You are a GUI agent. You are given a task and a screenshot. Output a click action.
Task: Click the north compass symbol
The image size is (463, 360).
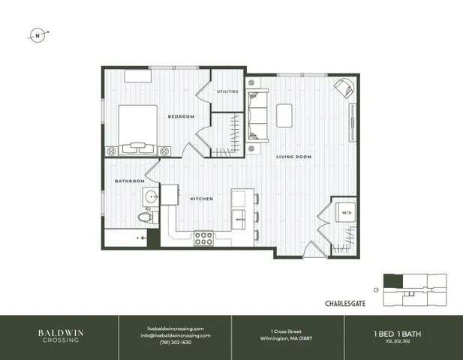[x=38, y=34]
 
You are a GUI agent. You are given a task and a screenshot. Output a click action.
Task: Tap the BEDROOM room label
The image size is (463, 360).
[x=181, y=116]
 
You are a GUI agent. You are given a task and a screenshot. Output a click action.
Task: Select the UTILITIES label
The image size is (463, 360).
[x=227, y=91]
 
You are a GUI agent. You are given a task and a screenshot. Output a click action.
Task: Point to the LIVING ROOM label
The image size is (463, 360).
[x=293, y=157]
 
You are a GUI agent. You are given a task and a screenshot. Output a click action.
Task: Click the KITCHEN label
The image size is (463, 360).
[x=201, y=199]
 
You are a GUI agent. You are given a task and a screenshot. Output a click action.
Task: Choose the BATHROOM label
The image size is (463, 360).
[x=129, y=181]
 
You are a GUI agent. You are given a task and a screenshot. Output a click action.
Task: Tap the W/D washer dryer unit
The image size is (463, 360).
[x=345, y=212]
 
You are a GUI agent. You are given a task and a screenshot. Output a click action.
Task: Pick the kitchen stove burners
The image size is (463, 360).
[x=203, y=238]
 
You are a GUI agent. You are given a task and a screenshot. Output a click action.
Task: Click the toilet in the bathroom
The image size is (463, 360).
[x=146, y=217]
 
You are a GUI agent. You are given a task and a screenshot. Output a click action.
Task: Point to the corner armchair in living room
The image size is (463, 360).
[x=344, y=88]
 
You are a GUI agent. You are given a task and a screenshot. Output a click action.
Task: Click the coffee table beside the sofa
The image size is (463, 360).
[x=285, y=114]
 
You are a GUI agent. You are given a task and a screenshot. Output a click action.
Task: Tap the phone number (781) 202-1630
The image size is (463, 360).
[x=175, y=343]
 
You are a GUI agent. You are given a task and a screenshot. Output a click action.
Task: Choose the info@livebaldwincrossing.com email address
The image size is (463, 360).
[x=175, y=335]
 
